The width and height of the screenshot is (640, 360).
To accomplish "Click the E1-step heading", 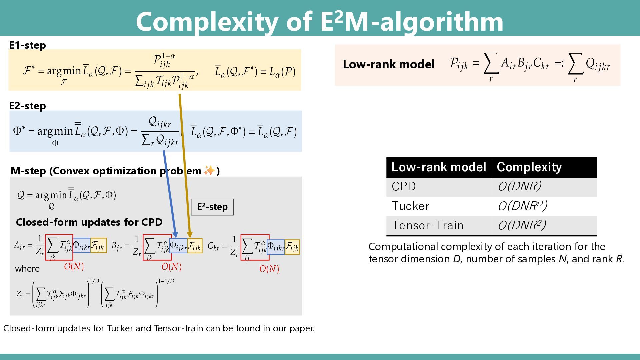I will coord(27,45).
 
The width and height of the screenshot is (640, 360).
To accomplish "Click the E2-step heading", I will coord(27,106).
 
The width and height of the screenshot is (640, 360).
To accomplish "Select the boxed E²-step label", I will coord(212,207).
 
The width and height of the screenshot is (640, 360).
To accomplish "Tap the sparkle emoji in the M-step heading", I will coord(209,171).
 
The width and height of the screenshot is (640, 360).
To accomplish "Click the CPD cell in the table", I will coord(404,186).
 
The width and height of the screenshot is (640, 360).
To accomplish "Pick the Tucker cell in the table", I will coord(410,206).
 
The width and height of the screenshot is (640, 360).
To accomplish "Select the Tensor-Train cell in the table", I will coord(427,226).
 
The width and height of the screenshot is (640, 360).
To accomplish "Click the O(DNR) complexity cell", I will coord(519,186).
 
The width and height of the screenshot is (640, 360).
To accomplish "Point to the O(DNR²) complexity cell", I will coord(522,226).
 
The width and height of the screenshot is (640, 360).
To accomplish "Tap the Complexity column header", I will coord(529,167).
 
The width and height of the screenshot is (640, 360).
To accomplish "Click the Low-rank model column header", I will coord(439,167).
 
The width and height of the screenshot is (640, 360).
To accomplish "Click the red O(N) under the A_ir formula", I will coord(74,266).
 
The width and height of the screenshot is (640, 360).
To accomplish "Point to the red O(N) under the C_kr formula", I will coord(269,269).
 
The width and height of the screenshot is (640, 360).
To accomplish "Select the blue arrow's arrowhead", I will coord(175,235).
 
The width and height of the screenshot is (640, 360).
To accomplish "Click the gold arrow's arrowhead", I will coord(190,235).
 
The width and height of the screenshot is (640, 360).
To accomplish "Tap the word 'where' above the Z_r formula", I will coord(27,269).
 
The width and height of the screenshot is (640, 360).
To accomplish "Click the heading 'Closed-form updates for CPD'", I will coord(89,222).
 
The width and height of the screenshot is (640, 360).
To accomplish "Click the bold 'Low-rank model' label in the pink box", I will coord(388,64).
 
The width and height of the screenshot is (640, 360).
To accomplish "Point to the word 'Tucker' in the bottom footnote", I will coord(119,328).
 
